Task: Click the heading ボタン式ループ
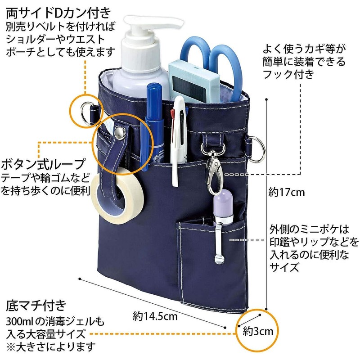(x=43, y=163)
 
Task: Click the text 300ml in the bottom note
(x=19, y=322)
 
